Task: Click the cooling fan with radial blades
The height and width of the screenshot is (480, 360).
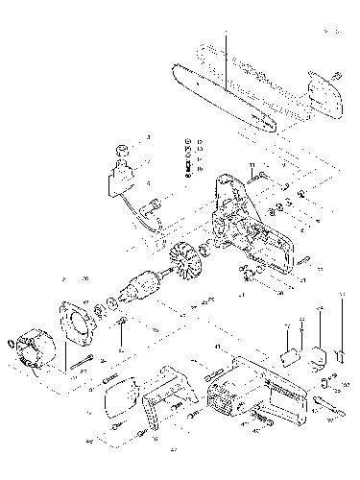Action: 181,261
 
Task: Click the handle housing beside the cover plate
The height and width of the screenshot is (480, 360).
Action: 168,393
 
